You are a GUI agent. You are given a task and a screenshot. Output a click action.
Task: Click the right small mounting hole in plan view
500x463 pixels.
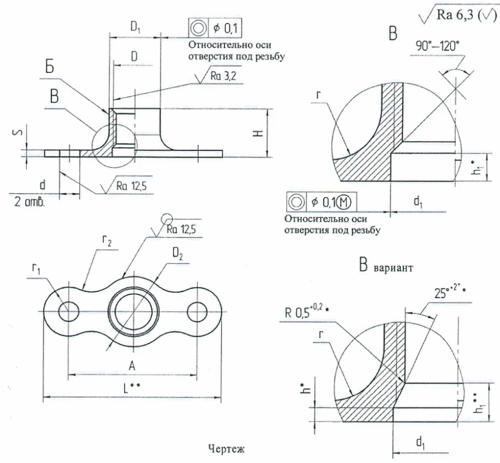(x=197, y=309)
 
